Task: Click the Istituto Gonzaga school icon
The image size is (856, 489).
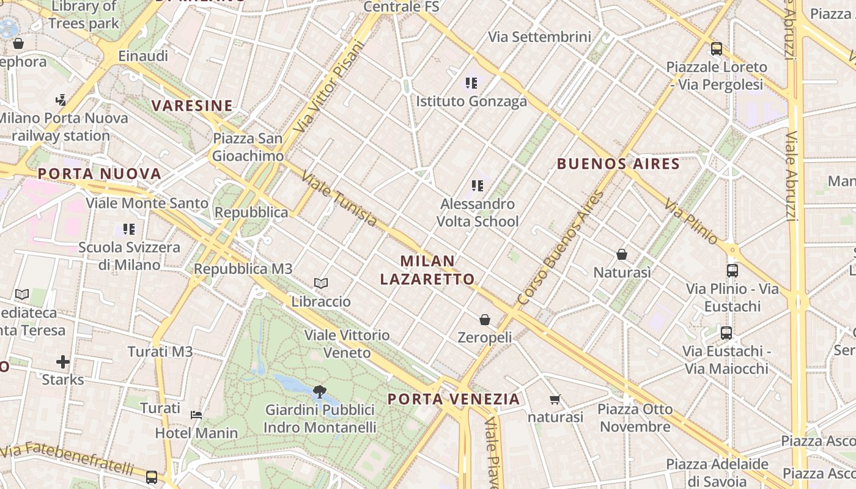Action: pos(471,83)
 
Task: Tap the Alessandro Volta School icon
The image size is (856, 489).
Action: pos(478,185)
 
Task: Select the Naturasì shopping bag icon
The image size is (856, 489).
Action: pos(622,254)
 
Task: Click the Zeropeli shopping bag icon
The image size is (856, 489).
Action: pos(485,319)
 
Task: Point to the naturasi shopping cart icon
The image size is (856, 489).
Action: pos(555,400)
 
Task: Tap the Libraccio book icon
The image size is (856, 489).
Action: pos(321,283)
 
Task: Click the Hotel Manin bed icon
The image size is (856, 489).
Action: pos(196,414)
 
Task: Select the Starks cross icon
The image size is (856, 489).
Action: pos(63,362)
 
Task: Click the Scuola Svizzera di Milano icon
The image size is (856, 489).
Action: pos(128,229)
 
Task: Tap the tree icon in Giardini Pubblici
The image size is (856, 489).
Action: pos(319,391)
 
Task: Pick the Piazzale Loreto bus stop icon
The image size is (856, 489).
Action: pos(716,48)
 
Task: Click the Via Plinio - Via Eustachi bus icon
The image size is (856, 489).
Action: pos(732,270)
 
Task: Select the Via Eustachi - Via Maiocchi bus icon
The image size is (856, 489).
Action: pos(726,333)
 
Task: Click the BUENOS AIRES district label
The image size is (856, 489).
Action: pos(618,164)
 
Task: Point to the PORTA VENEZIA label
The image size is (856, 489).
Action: pos(454,399)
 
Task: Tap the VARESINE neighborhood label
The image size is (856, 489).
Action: pos(192,106)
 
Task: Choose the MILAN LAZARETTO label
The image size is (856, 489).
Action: pos(427,270)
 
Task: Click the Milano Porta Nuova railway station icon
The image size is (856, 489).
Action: pos(61,100)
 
